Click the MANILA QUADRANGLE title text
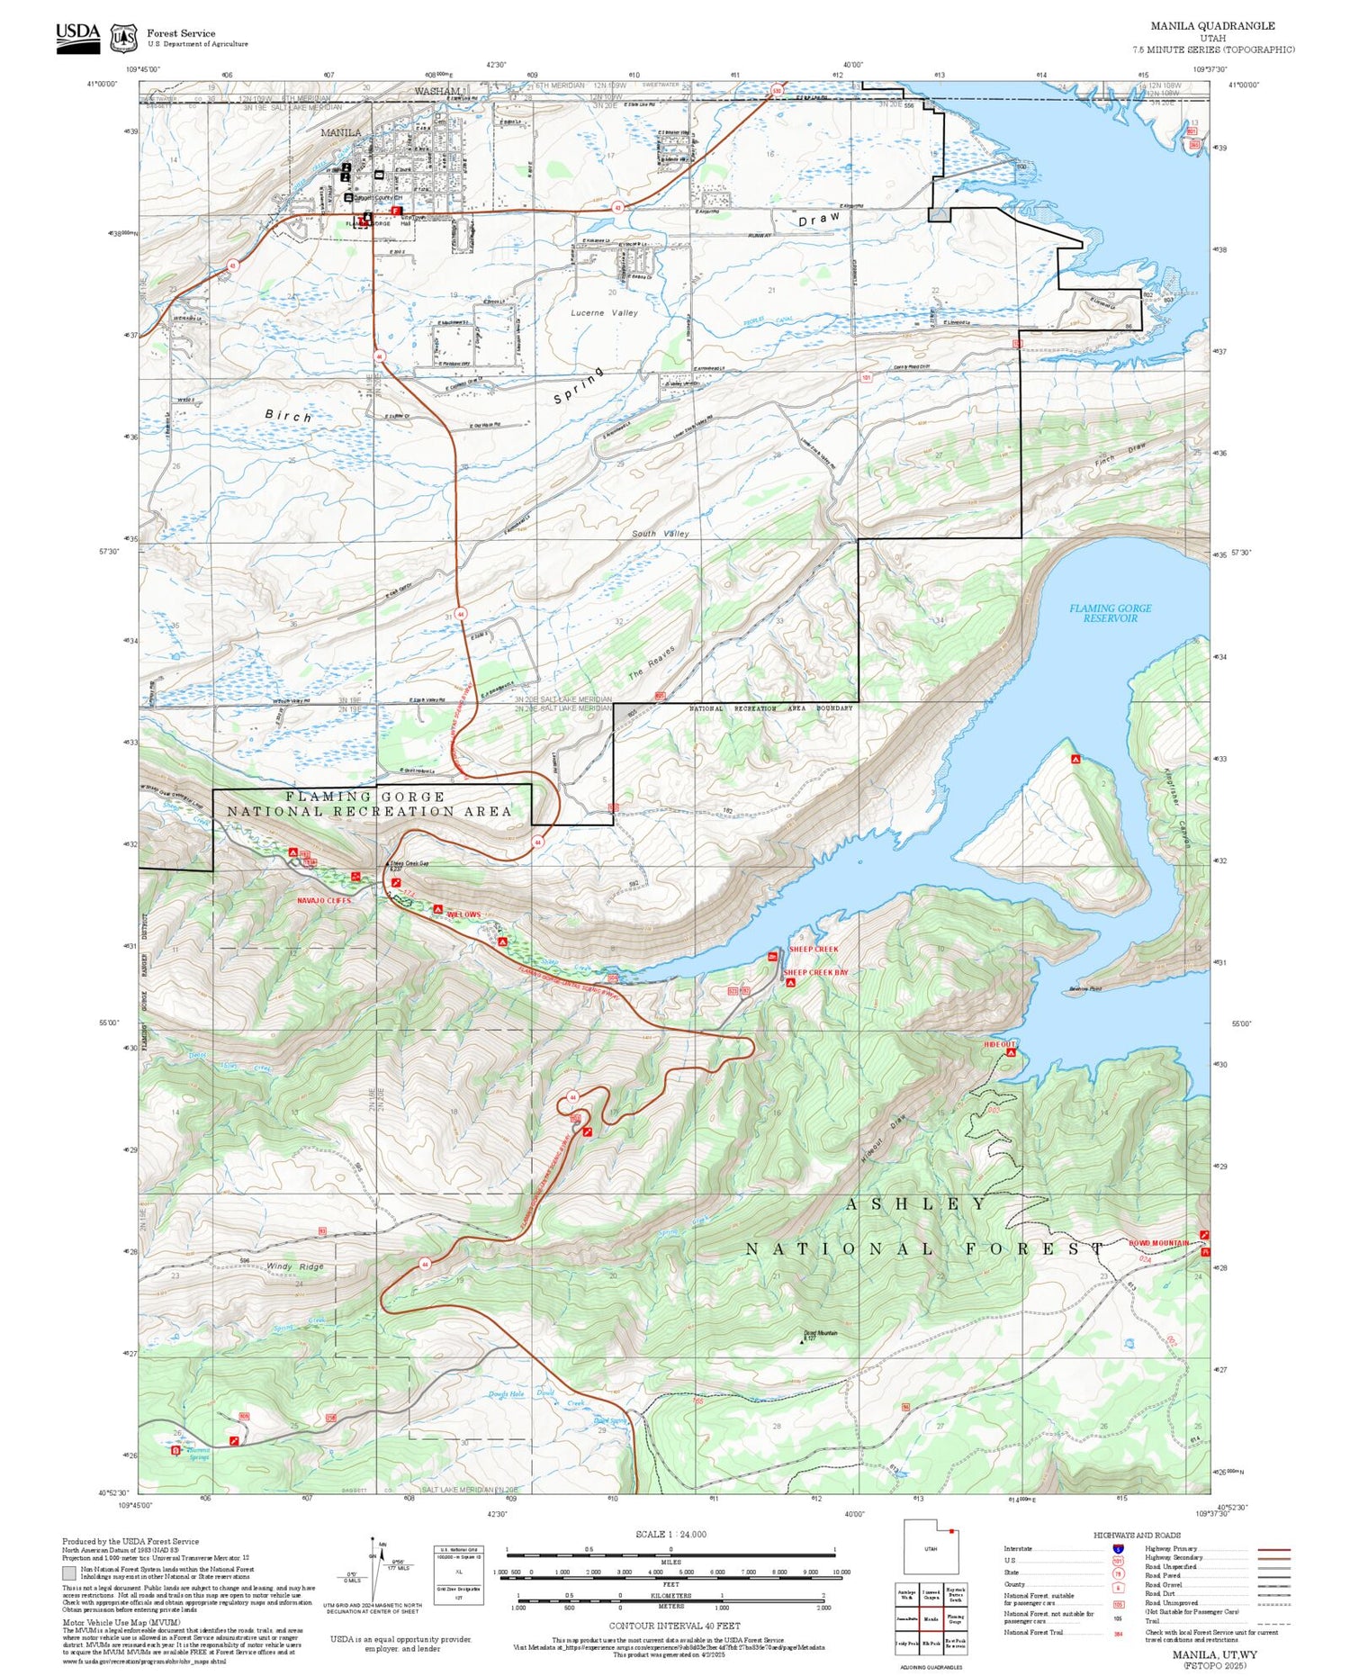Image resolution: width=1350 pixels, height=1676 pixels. [x=1212, y=25]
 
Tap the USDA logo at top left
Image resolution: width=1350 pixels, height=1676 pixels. [x=78, y=38]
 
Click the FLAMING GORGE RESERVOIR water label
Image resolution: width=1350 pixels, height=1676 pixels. [x=1110, y=613]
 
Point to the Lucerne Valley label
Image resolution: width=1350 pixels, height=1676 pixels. [x=604, y=313]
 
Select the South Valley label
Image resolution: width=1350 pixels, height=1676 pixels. [x=660, y=534]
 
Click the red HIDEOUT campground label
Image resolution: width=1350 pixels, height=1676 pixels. [x=999, y=1044]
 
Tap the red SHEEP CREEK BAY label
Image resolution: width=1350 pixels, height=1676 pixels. [x=815, y=972]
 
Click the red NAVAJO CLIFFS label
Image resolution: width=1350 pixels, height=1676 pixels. [x=324, y=900]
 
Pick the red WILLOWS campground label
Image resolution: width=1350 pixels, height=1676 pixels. [x=463, y=915]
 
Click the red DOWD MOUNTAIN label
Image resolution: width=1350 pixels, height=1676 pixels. [x=1158, y=1243]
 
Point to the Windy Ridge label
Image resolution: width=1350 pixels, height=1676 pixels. [x=294, y=1266]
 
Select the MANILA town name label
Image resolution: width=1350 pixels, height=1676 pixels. [x=341, y=132]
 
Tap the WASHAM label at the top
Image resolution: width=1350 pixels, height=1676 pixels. [x=436, y=92]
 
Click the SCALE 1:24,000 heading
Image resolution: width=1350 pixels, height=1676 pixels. [x=670, y=1534]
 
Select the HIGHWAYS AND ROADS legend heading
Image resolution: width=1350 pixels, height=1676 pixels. [x=1137, y=1535]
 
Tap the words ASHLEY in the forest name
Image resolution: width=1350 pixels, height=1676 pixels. [x=915, y=1204]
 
